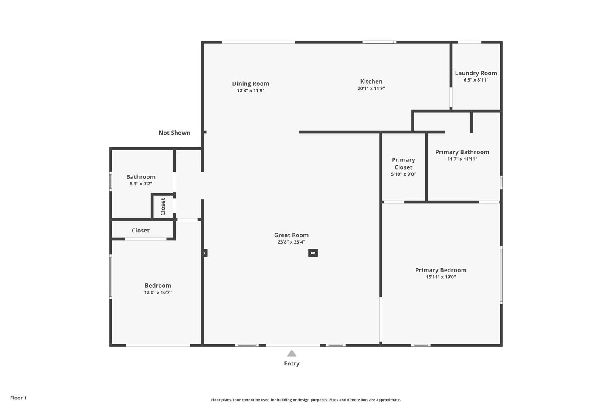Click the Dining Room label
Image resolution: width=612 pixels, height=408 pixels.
(251, 84)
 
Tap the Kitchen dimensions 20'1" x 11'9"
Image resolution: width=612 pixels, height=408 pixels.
(371, 88)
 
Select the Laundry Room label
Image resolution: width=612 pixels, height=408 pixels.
(476, 73)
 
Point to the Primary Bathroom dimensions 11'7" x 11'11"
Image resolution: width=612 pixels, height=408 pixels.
(462, 159)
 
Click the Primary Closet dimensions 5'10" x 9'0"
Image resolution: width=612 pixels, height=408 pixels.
(403, 174)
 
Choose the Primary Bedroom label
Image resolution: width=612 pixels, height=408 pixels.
(441, 270)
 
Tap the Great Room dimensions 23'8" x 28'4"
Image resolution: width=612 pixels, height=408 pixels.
(291, 242)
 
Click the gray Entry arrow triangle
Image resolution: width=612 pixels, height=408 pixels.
(292, 353)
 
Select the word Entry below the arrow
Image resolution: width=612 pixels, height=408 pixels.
(292, 364)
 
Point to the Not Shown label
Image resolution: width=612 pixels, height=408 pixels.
(174, 133)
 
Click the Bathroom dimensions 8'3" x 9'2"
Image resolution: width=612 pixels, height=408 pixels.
(141, 184)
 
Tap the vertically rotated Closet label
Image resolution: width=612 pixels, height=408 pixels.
(163, 207)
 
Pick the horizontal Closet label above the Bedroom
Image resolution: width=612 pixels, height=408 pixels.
(140, 231)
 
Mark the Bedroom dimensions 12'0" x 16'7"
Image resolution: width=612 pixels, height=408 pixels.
(158, 292)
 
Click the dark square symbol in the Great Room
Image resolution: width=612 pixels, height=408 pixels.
(313, 253)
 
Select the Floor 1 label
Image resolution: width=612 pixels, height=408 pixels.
(18, 398)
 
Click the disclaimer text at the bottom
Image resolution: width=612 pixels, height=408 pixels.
(306, 400)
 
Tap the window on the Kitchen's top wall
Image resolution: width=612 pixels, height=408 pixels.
(379, 42)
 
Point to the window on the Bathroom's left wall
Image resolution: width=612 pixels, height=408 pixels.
(110, 181)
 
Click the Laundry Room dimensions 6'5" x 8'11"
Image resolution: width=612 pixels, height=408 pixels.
(476, 80)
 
